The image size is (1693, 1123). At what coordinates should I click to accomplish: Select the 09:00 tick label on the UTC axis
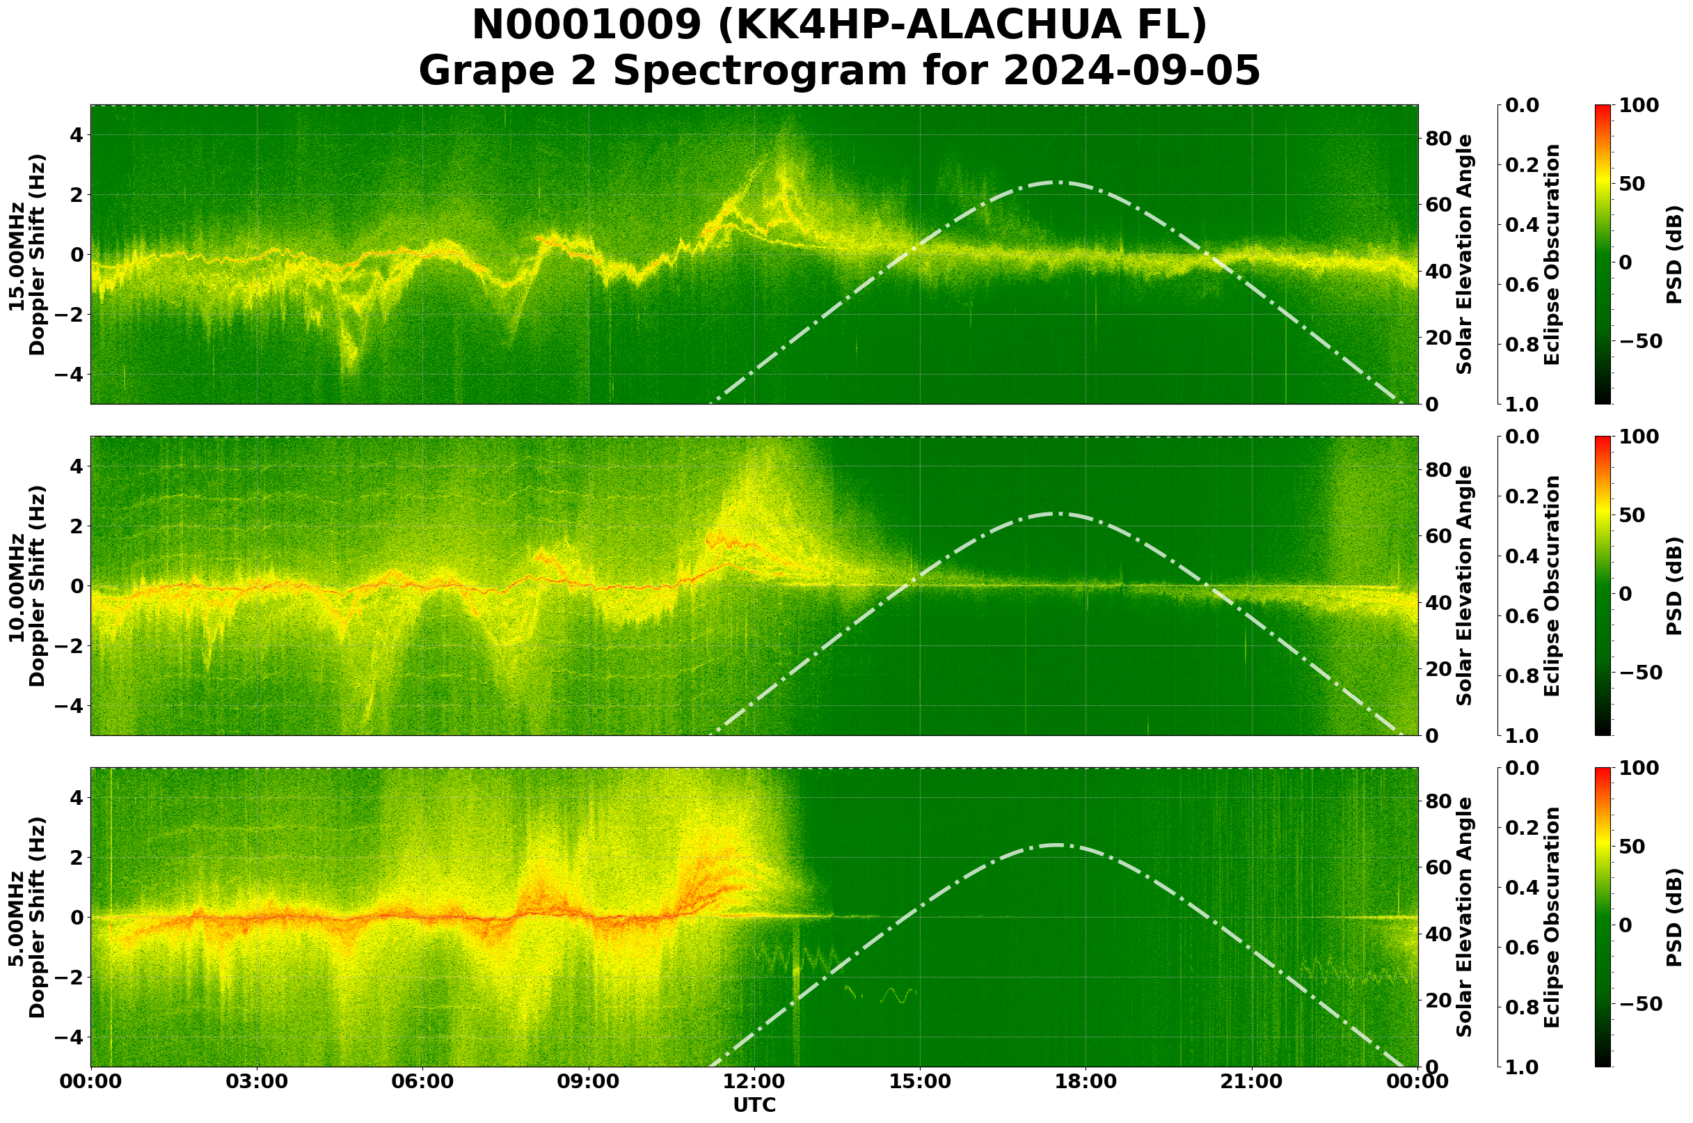tap(589, 1081)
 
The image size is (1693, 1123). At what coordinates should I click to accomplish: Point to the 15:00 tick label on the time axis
tap(919, 1081)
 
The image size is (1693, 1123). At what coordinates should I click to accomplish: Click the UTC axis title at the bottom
tap(754, 1105)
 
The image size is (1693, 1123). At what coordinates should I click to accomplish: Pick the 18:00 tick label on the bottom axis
tap(1086, 1081)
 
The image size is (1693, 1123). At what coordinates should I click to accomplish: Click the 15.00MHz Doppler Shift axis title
tap(26, 255)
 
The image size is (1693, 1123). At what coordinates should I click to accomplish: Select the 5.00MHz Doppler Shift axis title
tap(26, 918)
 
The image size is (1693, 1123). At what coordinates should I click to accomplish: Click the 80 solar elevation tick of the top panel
tap(1438, 139)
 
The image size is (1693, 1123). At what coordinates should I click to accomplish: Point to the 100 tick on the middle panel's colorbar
tap(1639, 437)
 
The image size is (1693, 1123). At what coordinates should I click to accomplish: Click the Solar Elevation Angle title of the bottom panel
tap(1465, 918)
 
